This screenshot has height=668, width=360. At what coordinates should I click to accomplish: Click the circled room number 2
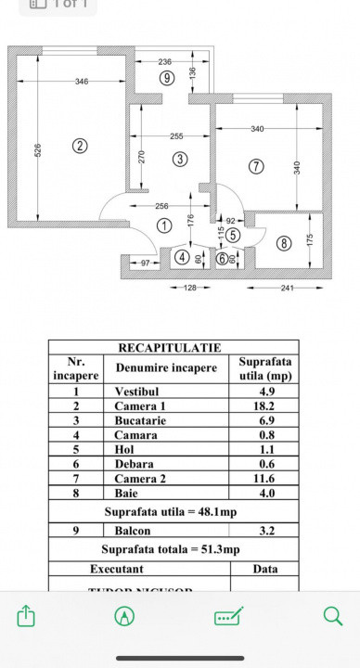(x=81, y=146)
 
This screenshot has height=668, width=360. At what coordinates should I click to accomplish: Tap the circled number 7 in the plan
(x=257, y=166)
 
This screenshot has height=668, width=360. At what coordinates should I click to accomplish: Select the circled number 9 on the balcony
(x=166, y=78)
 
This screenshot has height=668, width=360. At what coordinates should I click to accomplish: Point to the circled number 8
(x=284, y=243)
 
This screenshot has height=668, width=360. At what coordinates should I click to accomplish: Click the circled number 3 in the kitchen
(x=180, y=160)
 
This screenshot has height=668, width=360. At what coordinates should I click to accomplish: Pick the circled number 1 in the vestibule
(x=164, y=225)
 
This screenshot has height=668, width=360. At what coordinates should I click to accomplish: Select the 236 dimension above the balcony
(x=166, y=60)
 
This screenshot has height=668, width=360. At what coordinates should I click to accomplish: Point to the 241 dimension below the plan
(x=288, y=289)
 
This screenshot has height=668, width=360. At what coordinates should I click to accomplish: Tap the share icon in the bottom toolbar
(x=27, y=615)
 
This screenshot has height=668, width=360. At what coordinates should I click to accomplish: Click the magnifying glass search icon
(x=332, y=615)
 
